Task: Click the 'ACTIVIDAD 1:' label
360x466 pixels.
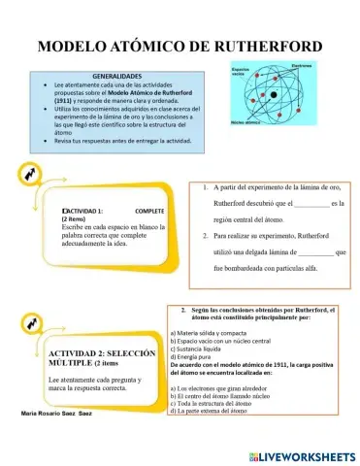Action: (83, 211)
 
